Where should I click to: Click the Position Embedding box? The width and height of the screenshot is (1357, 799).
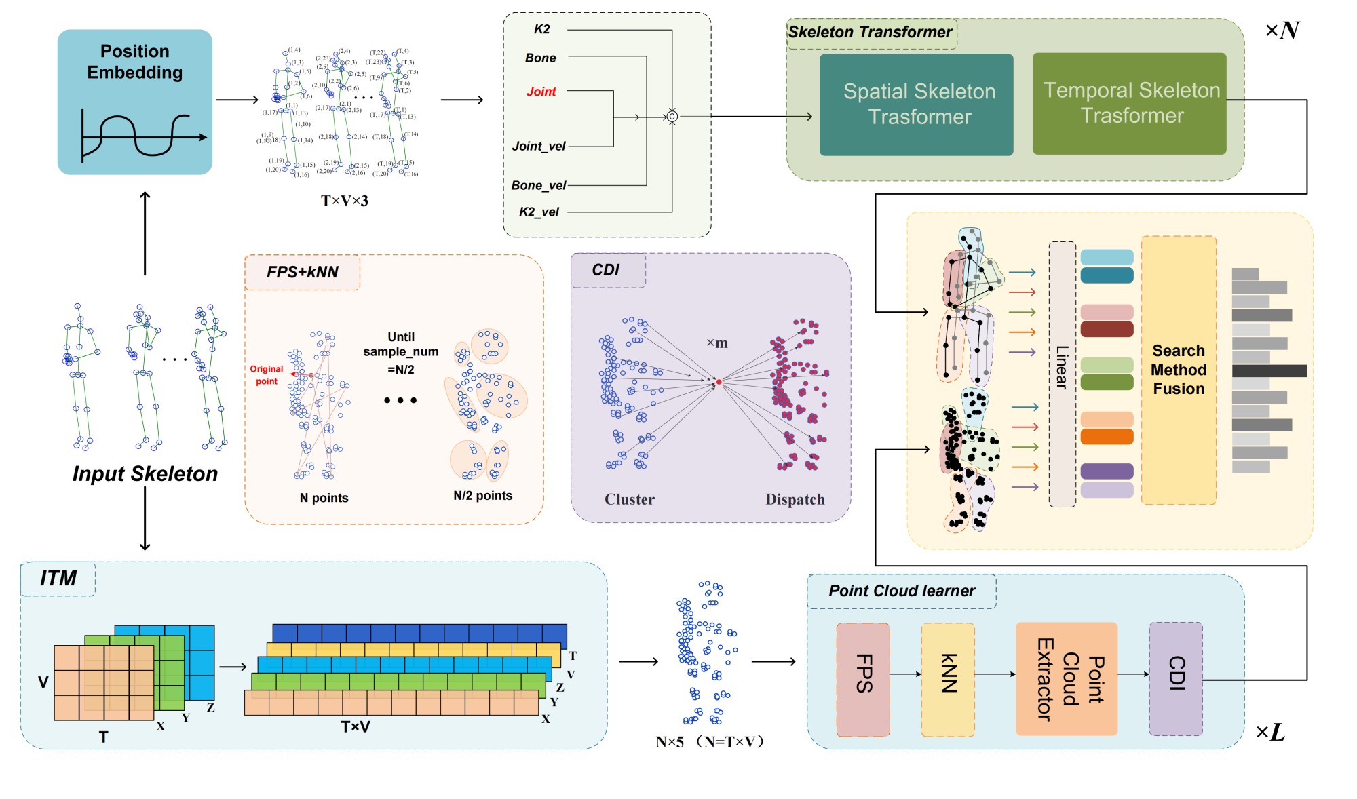pyautogui.click(x=134, y=102)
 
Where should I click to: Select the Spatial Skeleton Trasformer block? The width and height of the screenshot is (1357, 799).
pyautogui.click(x=916, y=104)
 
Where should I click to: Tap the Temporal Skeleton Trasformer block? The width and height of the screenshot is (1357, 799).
pyautogui.click(x=1129, y=103)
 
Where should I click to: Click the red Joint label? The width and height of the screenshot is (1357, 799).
pyautogui.click(x=541, y=92)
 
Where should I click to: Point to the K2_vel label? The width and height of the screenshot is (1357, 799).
pyautogui.click(x=539, y=212)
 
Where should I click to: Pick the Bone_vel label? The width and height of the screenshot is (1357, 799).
pyautogui.click(x=538, y=185)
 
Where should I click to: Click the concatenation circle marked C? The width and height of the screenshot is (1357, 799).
pyautogui.click(x=672, y=117)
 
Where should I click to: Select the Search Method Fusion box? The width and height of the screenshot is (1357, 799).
pyautogui.click(x=1179, y=370)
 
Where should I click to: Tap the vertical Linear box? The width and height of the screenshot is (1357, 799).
pyautogui.click(x=1062, y=374)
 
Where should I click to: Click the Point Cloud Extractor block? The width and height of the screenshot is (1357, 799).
pyautogui.click(x=1067, y=679)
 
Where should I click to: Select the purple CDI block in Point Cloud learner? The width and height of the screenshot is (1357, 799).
pyautogui.click(x=1176, y=679)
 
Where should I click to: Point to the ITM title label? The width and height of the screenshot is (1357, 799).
pyautogui.click(x=58, y=578)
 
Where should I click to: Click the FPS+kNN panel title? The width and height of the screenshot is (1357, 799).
pyautogui.click(x=302, y=272)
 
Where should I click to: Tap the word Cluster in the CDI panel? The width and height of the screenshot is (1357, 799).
pyautogui.click(x=629, y=499)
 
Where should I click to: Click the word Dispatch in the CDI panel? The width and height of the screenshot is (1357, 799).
pyautogui.click(x=795, y=499)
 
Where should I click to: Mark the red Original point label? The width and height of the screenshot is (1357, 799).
pyautogui.click(x=266, y=375)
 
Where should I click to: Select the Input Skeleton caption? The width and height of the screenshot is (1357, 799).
pyautogui.click(x=145, y=473)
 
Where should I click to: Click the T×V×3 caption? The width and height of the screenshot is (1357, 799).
pyautogui.click(x=345, y=201)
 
